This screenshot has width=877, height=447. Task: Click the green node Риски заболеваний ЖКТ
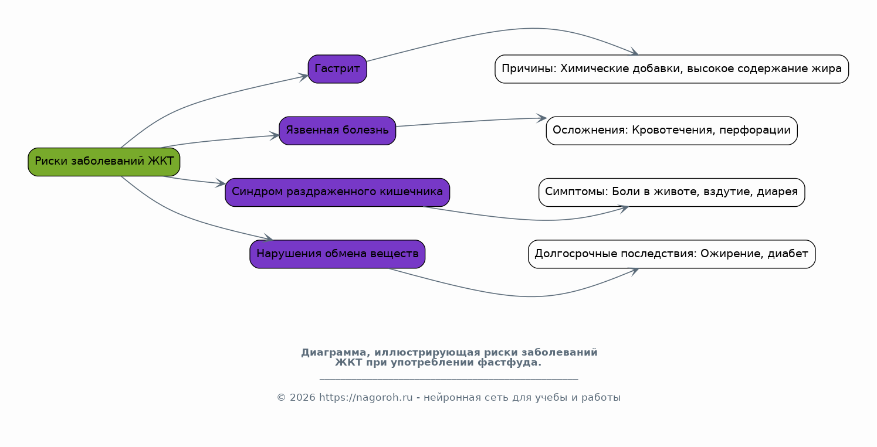coord(104,162)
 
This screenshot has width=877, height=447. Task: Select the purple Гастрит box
coord(337,69)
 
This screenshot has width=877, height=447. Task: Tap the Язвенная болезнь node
coord(337,131)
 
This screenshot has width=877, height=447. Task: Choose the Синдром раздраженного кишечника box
coord(337,192)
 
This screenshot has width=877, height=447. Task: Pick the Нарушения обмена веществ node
coord(337,254)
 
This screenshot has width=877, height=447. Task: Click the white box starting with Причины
coord(672,69)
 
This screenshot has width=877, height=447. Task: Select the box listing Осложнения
coord(672,131)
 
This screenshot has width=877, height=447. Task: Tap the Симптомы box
coord(672,192)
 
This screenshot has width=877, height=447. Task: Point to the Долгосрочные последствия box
coord(672,254)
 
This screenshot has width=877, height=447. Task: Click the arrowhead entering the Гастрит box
coord(303,76)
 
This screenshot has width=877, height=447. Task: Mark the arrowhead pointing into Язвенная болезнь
coord(275,136)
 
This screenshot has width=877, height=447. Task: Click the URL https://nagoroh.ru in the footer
coord(365,398)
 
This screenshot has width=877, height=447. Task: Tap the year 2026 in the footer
coord(302,398)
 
